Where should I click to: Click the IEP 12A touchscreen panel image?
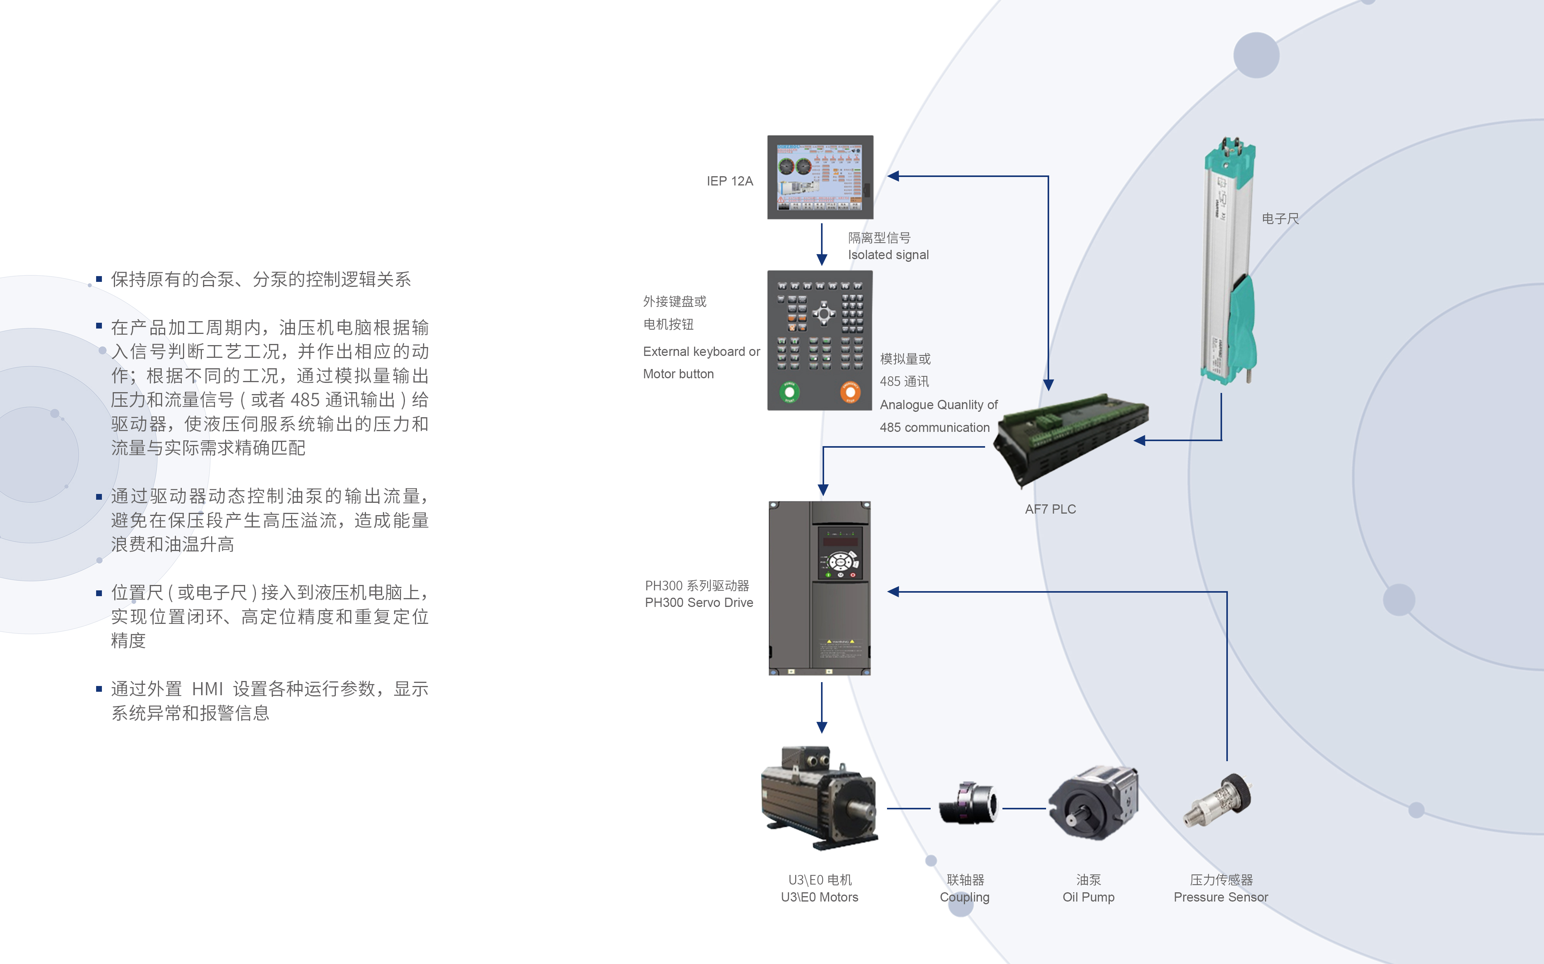(x=820, y=177)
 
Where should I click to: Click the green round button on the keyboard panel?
(x=789, y=391)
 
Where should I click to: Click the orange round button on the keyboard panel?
(x=850, y=391)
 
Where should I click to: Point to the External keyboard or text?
(x=701, y=351)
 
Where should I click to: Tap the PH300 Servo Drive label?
(x=699, y=602)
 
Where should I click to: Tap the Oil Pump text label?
(x=1089, y=897)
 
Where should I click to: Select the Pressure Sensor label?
(x=1221, y=897)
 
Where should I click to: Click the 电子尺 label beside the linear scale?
(x=1280, y=219)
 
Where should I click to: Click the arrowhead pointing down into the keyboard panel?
(x=822, y=260)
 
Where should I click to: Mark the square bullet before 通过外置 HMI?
(x=99, y=689)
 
